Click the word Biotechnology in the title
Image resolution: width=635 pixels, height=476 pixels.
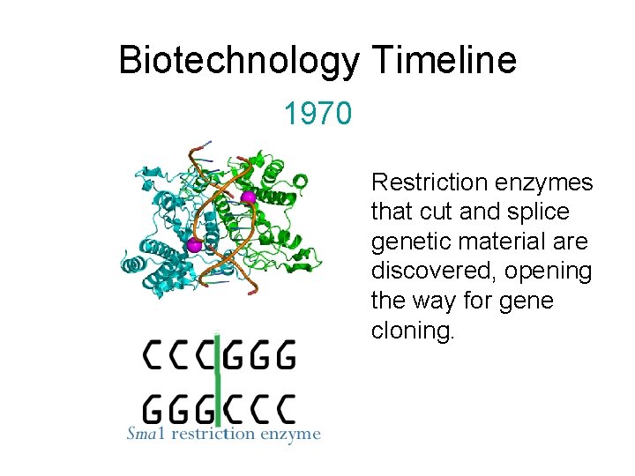pyautogui.click(x=238, y=61)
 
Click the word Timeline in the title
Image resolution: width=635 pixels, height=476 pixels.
pyautogui.click(x=444, y=61)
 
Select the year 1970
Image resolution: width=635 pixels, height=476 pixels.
pyautogui.click(x=317, y=113)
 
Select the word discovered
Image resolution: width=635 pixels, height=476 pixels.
pyautogui.click(x=422, y=271)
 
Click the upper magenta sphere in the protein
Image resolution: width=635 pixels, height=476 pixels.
pyautogui.click(x=249, y=197)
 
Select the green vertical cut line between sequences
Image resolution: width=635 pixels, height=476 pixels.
pyautogui.click(x=219, y=383)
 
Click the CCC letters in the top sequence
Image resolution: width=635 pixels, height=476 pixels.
pyautogui.click(x=179, y=357)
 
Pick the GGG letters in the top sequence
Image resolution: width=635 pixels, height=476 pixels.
pyautogui.click(x=259, y=357)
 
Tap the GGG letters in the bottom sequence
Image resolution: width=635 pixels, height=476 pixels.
pyautogui.click(x=179, y=409)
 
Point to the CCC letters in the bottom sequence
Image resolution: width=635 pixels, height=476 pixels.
pyautogui.click(x=259, y=409)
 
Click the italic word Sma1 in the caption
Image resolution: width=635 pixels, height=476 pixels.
pyautogui.click(x=143, y=434)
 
